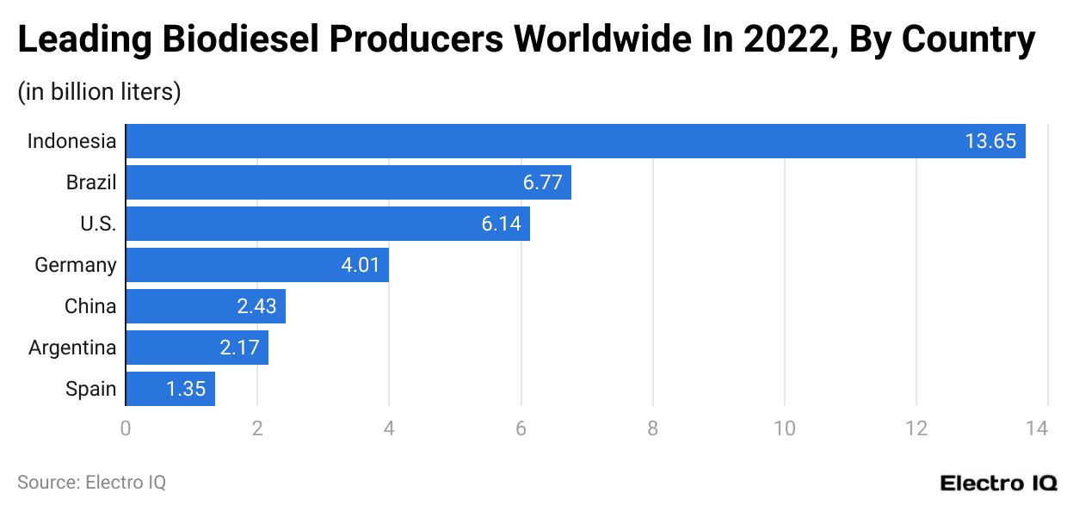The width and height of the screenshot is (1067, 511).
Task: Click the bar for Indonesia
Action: pos(575,141)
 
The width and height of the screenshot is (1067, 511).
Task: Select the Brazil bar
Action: pos(348,182)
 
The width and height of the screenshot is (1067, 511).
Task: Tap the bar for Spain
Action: pos(170,389)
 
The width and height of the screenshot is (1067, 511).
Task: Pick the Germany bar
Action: pos(257,265)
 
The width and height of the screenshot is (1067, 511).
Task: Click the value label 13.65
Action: pos(990,141)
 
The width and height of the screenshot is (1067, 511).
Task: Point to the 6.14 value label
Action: pos(502,224)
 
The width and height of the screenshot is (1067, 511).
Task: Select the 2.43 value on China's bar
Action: pos(256,306)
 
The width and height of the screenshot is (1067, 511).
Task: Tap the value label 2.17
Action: pos(239,348)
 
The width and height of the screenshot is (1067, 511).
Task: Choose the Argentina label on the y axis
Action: pos(72,348)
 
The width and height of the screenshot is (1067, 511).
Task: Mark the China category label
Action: pos(90,306)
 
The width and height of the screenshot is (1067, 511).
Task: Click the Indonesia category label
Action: pos(71,141)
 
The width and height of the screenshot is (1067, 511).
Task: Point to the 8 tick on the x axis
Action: pos(652,428)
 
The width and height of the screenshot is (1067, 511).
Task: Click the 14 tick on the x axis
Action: pos(1047,428)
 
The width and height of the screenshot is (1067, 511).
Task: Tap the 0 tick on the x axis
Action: pos(126,428)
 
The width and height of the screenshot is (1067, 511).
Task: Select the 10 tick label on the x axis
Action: pos(784,428)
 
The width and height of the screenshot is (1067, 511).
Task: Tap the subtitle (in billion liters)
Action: pos(99,91)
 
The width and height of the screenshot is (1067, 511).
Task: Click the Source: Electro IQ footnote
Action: pos(91,483)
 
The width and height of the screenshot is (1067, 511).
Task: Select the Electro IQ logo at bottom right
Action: pos(998,483)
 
